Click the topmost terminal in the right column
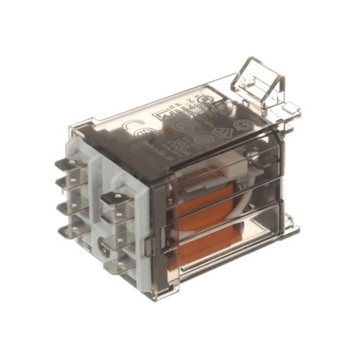coord(114,196)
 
